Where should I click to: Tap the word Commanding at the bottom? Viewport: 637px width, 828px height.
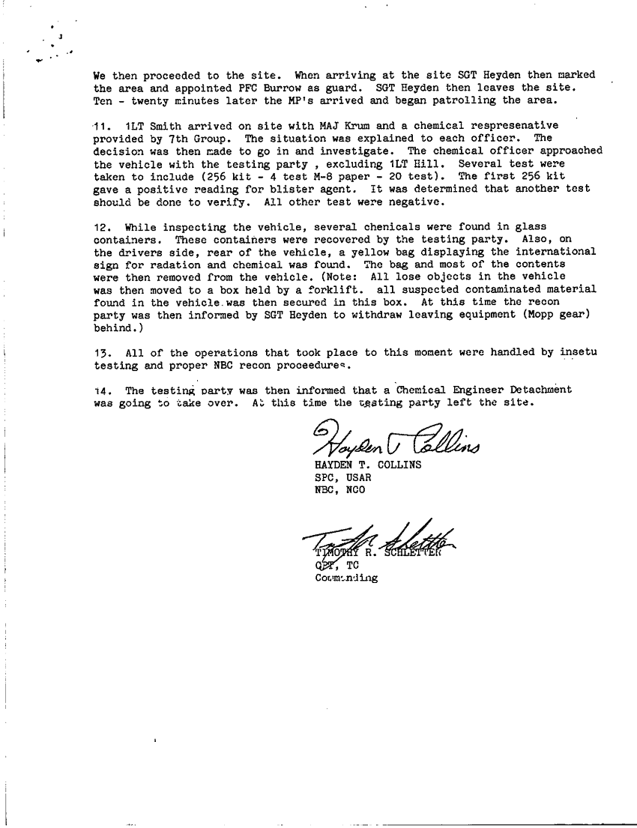(x=347, y=578)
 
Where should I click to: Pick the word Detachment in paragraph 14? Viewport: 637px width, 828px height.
(x=535, y=390)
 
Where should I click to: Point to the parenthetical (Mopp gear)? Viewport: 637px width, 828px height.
(x=561, y=315)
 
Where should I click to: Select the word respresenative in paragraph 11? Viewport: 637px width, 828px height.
(x=513, y=125)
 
